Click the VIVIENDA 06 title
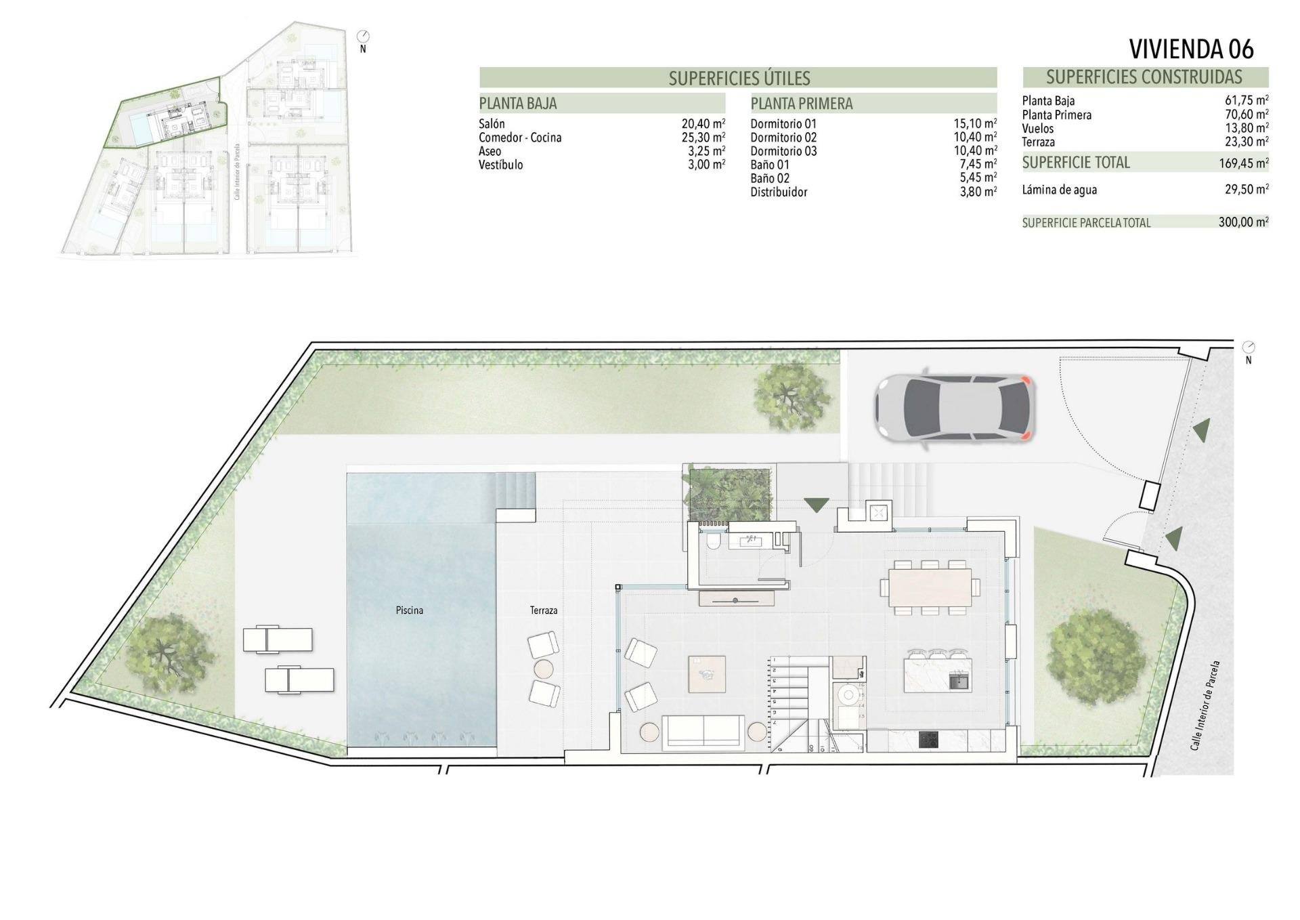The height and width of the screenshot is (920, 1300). tap(1191, 49)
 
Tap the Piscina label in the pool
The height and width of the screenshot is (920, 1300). tap(409, 610)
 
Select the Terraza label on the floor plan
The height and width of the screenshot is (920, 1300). tap(544, 610)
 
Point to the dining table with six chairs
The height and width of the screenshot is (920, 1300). tap(930, 586)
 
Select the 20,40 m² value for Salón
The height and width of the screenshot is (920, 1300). tap(703, 124)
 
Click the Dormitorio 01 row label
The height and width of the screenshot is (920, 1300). tap(783, 124)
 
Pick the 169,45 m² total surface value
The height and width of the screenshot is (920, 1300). tap(1242, 163)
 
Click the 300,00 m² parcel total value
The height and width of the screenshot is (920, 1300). tap(1243, 222)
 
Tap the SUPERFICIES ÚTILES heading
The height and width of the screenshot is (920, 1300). tap(739, 79)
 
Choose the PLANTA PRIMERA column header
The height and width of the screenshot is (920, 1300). tap(802, 104)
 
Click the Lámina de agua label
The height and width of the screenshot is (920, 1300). tap(1059, 190)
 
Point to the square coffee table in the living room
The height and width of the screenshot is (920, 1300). tap(707, 673)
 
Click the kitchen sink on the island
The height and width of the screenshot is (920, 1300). tap(959, 679)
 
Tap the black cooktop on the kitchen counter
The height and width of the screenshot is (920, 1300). tap(928, 740)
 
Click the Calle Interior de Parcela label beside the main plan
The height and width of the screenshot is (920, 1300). tap(1205, 705)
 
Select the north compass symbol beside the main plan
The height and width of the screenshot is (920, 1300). tap(1249, 348)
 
